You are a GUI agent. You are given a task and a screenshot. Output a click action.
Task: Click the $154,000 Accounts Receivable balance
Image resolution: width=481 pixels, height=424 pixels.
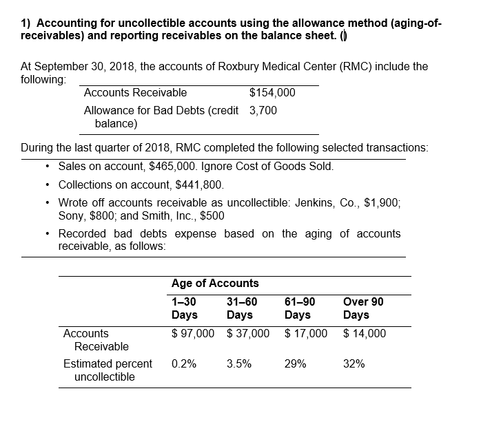pos(272,93)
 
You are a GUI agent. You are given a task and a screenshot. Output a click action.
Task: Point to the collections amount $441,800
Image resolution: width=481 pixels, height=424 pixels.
pos(198,184)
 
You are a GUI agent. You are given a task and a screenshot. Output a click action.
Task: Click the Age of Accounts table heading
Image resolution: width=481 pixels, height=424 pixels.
pos(215,283)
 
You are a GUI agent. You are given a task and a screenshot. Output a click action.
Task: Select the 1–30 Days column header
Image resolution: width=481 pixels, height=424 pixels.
pos(184,308)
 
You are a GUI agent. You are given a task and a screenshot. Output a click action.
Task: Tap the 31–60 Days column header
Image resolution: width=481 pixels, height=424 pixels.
pos(241,308)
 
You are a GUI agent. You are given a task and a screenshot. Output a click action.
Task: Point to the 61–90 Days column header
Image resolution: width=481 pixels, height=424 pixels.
pos(299,308)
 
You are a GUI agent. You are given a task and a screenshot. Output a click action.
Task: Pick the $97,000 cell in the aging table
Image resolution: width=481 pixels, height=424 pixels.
pos(193,334)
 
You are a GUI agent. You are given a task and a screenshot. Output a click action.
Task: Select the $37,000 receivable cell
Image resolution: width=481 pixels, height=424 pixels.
pos(248,334)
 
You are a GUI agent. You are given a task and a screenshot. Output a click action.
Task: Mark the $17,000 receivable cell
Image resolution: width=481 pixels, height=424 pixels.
pos(306,334)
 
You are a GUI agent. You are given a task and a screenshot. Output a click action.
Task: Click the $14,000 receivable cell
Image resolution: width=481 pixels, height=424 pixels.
pos(365,334)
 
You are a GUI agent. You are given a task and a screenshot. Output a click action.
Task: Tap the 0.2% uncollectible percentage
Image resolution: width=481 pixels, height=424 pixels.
pos(183,364)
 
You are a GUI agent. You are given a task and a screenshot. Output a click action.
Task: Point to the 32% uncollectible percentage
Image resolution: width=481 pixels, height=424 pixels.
pos(354,364)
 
